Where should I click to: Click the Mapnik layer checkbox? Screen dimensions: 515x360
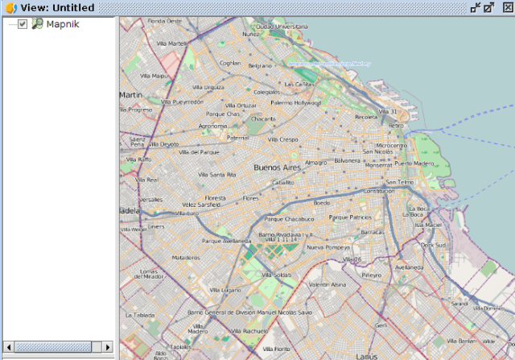[23, 24]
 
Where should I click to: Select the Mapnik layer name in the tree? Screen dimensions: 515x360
[61, 24]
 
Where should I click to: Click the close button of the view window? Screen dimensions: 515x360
[507, 7]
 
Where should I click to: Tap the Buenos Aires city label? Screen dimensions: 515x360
[277, 168]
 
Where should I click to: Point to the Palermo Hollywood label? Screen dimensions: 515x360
[295, 103]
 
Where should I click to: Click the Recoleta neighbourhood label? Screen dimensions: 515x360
[366, 117]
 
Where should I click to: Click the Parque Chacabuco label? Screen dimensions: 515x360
[289, 218]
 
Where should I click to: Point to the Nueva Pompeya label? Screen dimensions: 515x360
[326, 247]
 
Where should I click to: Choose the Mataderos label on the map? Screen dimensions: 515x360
[186, 258]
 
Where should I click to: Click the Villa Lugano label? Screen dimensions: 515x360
[225, 290]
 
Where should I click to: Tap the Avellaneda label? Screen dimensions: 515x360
[410, 267]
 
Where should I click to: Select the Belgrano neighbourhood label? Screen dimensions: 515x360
[260, 65]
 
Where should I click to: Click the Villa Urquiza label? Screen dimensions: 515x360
[208, 87]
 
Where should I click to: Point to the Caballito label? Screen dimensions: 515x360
[282, 183]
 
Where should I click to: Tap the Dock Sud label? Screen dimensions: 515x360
[433, 245]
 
